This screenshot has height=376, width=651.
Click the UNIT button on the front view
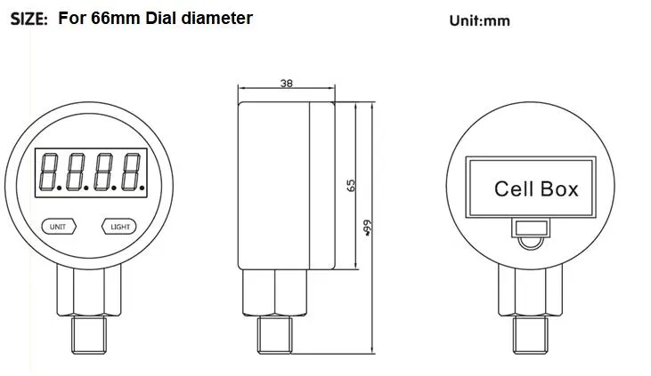coord(58,226)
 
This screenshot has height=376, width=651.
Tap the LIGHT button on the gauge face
coord(119,226)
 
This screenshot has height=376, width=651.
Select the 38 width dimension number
coord(286,83)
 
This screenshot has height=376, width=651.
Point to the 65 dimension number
coord(351,186)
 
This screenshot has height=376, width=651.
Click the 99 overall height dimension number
coord(366,229)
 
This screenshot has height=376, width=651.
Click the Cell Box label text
coord(536,188)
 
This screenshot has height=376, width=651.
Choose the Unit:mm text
coord(479,20)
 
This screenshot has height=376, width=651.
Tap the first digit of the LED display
coord(51,172)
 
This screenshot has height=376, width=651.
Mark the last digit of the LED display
coord(132,172)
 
